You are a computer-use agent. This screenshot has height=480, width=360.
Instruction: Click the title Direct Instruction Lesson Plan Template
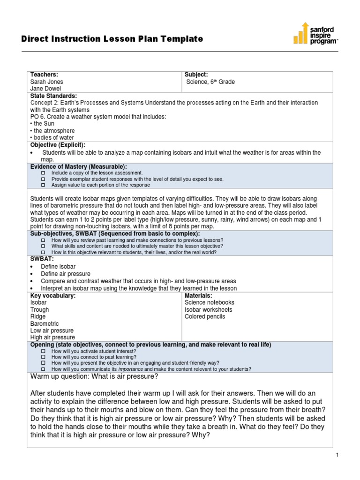point(112,39)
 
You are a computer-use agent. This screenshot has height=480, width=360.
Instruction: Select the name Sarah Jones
point(47,82)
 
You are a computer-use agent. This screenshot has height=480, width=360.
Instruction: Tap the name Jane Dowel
point(46,89)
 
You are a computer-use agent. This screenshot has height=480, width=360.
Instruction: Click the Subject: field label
point(196,75)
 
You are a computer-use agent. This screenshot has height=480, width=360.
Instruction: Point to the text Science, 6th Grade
point(210,82)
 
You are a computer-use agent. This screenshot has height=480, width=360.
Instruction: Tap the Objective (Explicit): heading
point(58,145)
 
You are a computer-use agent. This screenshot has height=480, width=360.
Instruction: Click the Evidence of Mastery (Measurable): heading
point(78,166)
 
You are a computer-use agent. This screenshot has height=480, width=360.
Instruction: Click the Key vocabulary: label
point(53,296)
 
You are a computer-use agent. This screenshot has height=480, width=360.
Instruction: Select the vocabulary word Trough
point(39,310)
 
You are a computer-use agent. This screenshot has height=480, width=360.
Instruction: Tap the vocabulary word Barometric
point(45,323)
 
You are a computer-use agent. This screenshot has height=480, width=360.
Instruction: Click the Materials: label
point(198,296)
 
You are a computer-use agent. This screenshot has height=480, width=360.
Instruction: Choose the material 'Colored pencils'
point(205,316)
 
